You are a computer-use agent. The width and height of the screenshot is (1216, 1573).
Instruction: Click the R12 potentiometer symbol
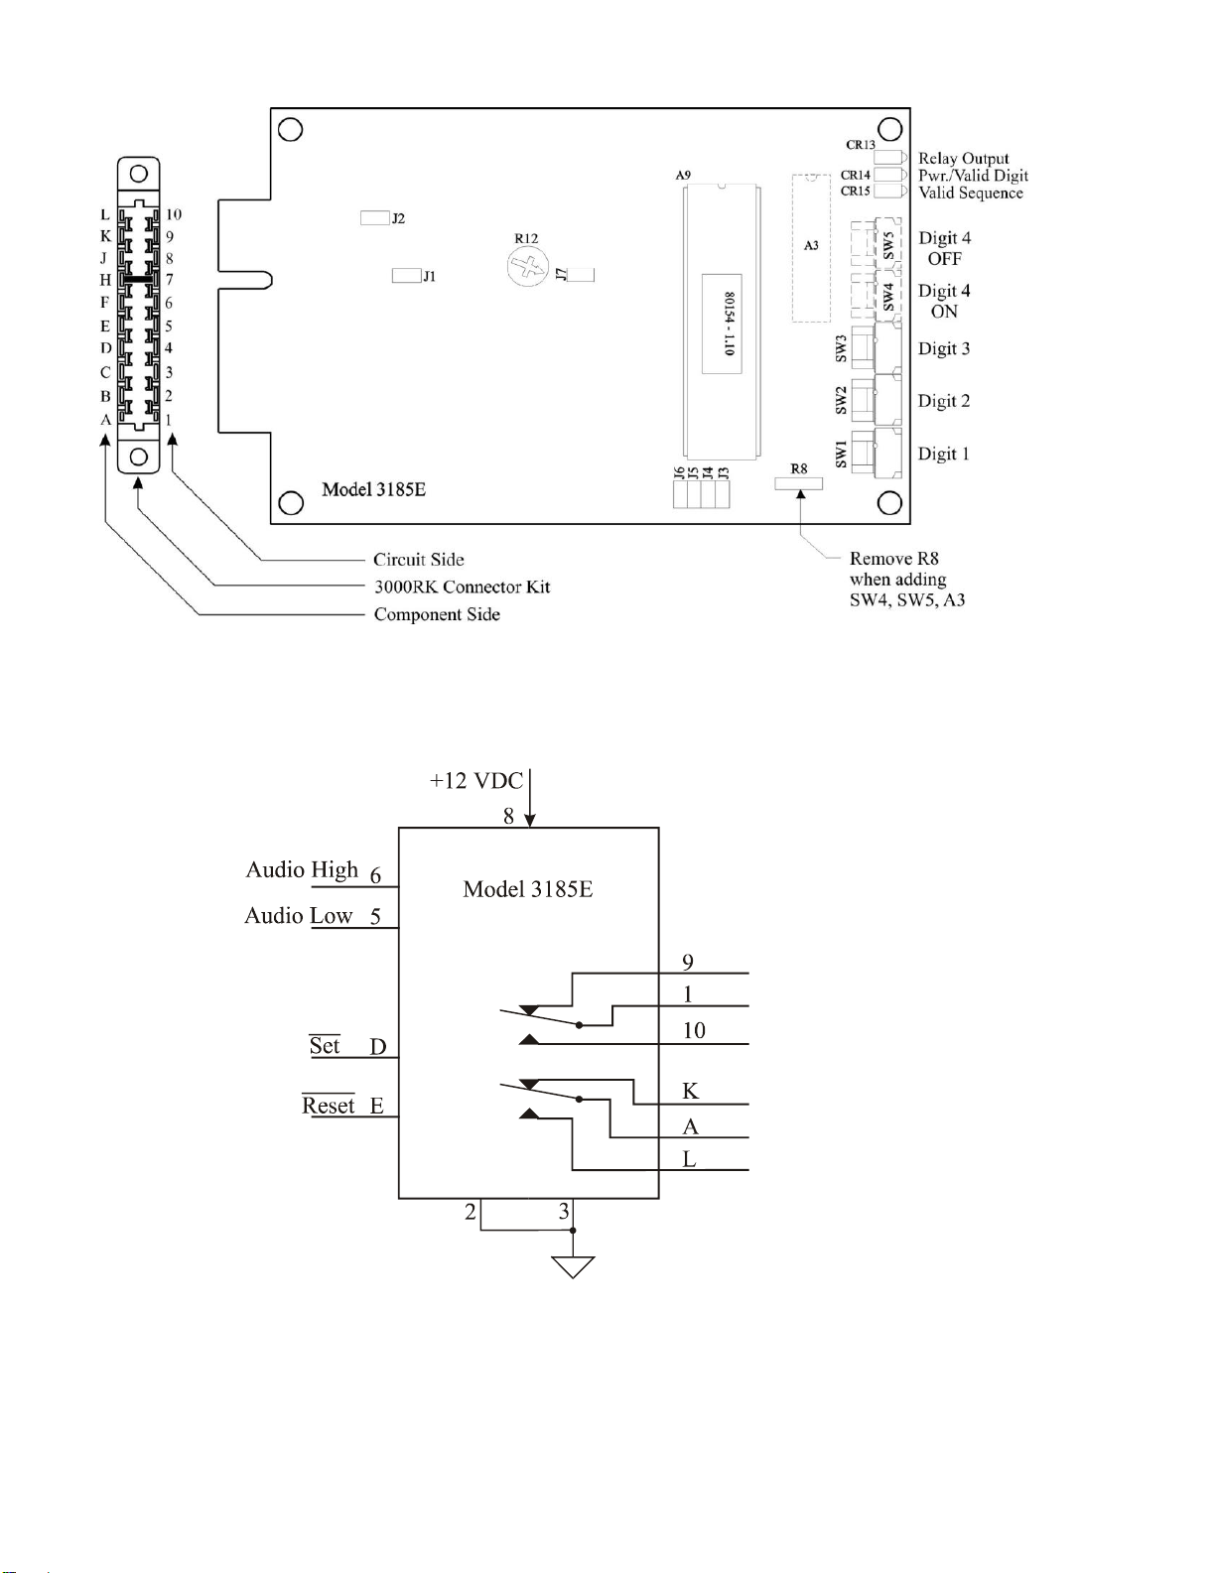click(x=528, y=266)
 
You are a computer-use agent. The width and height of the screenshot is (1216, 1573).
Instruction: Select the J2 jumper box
click(x=375, y=218)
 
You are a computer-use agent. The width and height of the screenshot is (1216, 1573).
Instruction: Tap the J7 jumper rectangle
click(x=582, y=274)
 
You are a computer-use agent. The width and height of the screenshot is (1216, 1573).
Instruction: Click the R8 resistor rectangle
click(x=798, y=483)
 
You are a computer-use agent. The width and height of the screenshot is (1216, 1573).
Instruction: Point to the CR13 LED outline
click(x=890, y=157)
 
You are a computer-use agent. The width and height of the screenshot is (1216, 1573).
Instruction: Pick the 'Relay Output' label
click(x=964, y=159)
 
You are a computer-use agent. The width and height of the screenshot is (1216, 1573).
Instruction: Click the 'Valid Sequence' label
click(x=971, y=194)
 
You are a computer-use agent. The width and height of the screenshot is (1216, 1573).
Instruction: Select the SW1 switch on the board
click(x=876, y=454)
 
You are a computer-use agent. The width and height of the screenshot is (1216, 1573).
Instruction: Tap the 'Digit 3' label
click(x=944, y=349)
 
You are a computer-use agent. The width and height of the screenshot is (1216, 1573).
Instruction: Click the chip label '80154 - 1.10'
click(x=730, y=324)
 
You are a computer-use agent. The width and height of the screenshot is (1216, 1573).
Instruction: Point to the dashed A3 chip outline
click(x=811, y=247)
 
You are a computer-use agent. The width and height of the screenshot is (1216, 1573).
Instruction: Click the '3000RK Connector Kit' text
click(x=462, y=587)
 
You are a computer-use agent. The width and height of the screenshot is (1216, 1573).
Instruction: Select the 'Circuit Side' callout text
click(x=418, y=560)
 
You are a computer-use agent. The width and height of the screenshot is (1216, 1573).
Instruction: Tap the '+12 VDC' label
click(x=475, y=781)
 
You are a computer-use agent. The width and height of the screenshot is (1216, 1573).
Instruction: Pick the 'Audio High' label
click(x=302, y=870)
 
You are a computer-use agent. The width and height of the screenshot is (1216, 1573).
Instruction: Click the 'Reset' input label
click(x=328, y=1106)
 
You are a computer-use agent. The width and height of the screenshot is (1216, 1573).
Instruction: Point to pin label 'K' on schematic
click(x=690, y=1091)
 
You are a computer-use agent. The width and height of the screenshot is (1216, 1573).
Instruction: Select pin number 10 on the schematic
click(x=694, y=1030)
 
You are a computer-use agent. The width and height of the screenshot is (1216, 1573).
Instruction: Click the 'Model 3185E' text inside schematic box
click(x=528, y=889)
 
